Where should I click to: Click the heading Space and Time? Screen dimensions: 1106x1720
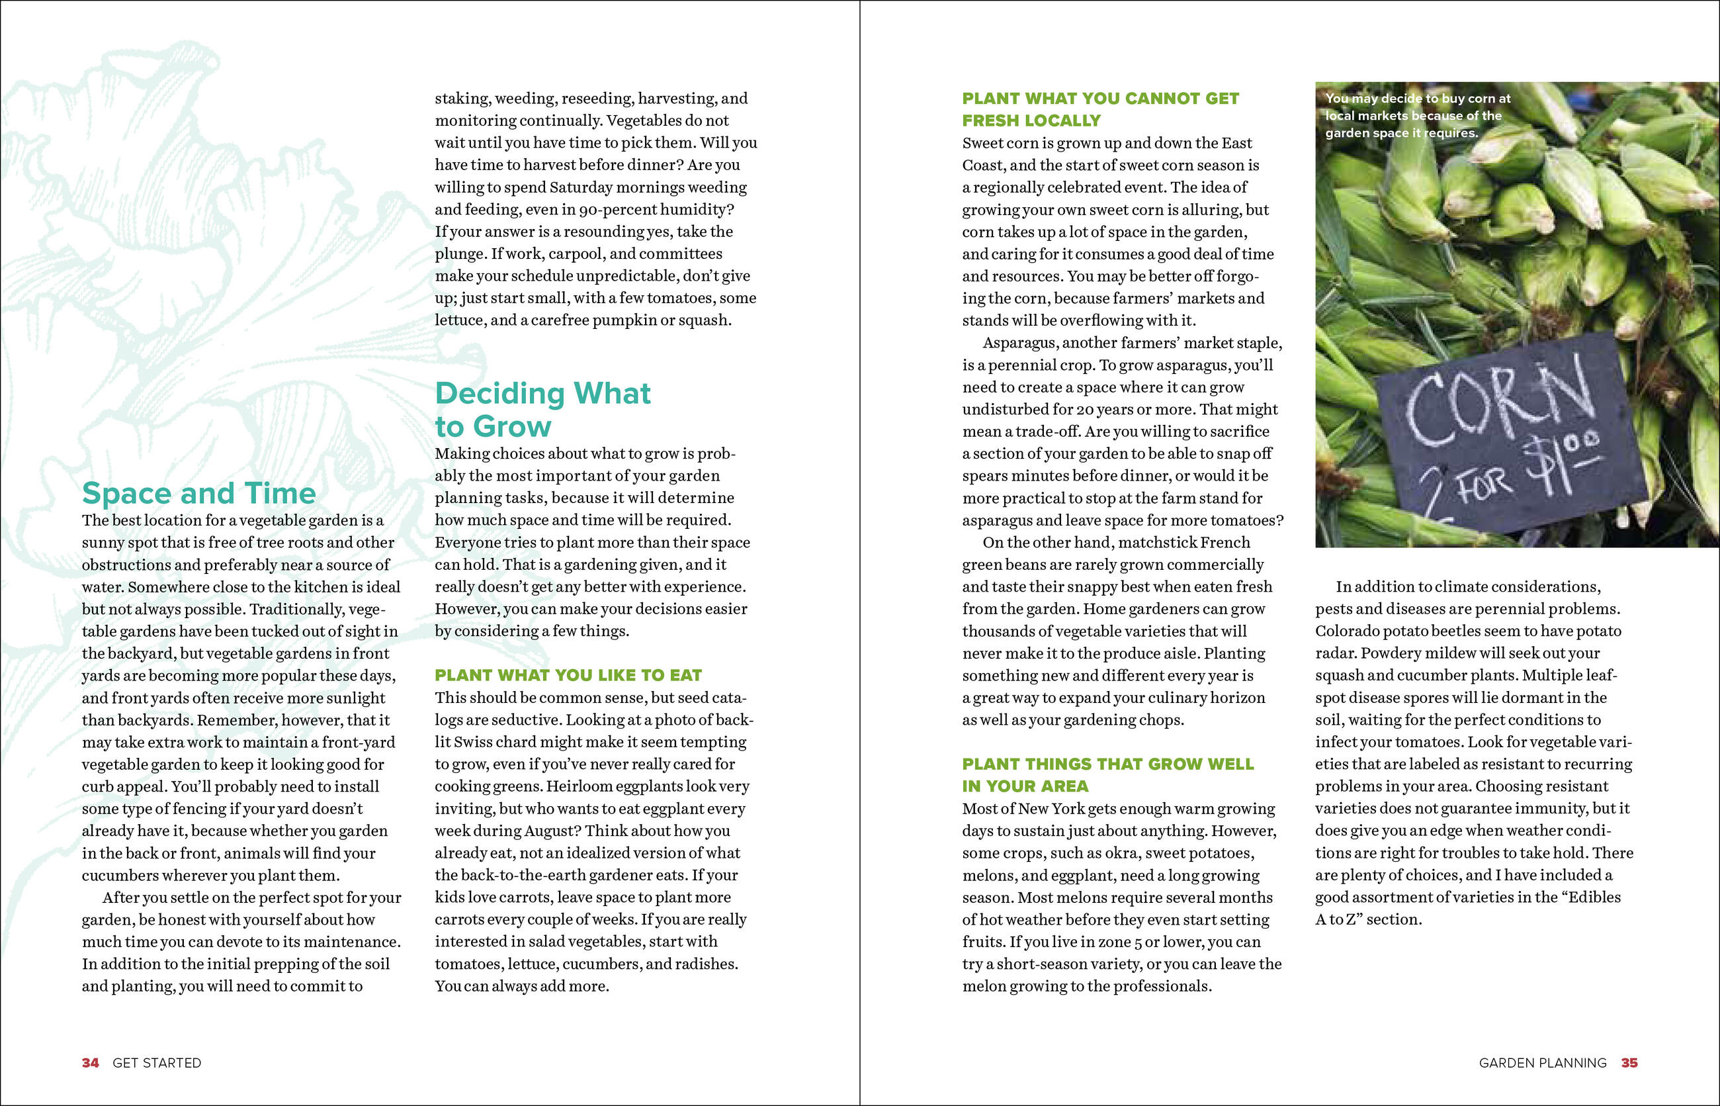pyautogui.click(x=199, y=493)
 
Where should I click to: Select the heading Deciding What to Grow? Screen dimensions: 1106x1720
pyautogui.click(x=542, y=409)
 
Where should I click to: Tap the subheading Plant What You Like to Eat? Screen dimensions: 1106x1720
pyautogui.click(x=568, y=675)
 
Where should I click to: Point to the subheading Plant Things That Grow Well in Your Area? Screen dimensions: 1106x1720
pyautogui.click(x=1107, y=775)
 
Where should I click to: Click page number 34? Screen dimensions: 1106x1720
pyautogui.click(x=91, y=1063)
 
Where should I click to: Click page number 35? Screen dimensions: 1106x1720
pyautogui.click(x=1629, y=1063)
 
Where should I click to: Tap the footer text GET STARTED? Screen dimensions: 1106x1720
pyautogui.click(x=157, y=1063)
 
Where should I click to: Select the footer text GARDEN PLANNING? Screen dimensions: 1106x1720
pyautogui.click(x=1542, y=1063)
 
